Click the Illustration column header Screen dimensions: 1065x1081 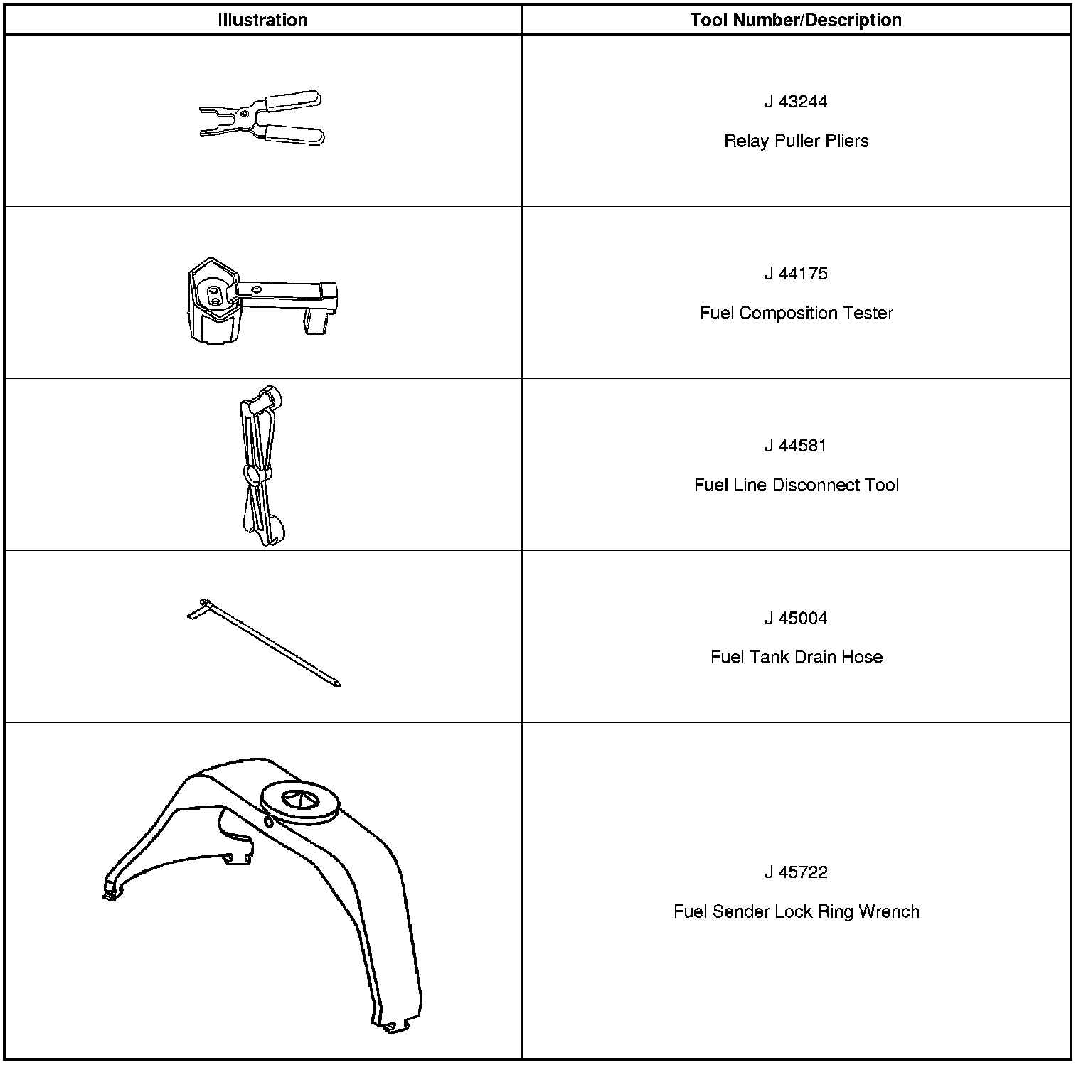point(262,20)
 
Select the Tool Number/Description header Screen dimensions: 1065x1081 point(796,20)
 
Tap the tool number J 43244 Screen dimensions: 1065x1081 point(796,102)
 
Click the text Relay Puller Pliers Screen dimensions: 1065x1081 point(796,141)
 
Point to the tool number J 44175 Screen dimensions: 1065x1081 point(796,274)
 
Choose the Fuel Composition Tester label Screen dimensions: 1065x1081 point(796,313)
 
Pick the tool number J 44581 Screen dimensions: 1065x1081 point(796,446)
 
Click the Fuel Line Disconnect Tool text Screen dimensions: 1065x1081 point(796,485)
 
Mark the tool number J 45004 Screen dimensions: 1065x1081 point(796,618)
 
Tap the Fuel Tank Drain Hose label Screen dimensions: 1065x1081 point(796,657)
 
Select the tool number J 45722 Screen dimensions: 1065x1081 point(796,872)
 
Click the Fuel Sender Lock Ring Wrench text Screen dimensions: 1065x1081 point(796,911)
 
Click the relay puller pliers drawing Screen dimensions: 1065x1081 point(262,117)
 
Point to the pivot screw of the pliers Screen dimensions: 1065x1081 point(245,112)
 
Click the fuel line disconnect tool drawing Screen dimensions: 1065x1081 point(260,466)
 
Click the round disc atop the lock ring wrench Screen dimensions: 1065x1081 point(300,801)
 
